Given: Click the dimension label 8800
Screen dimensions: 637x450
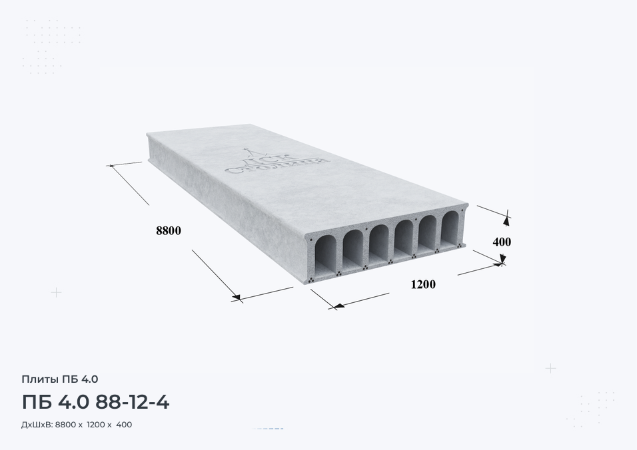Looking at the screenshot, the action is click(169, 231).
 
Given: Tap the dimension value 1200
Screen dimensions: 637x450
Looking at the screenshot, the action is click(423, 284).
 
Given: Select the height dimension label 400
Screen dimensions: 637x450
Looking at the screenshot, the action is click(502, 242).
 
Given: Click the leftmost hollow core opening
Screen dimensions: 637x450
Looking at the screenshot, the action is click(325, 256).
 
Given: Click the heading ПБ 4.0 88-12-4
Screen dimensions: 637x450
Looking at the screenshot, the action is click(95, 402).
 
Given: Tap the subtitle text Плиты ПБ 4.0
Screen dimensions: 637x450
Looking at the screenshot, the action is click(60, 379).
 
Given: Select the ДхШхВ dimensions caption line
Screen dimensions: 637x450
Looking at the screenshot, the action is click(77, 425).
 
